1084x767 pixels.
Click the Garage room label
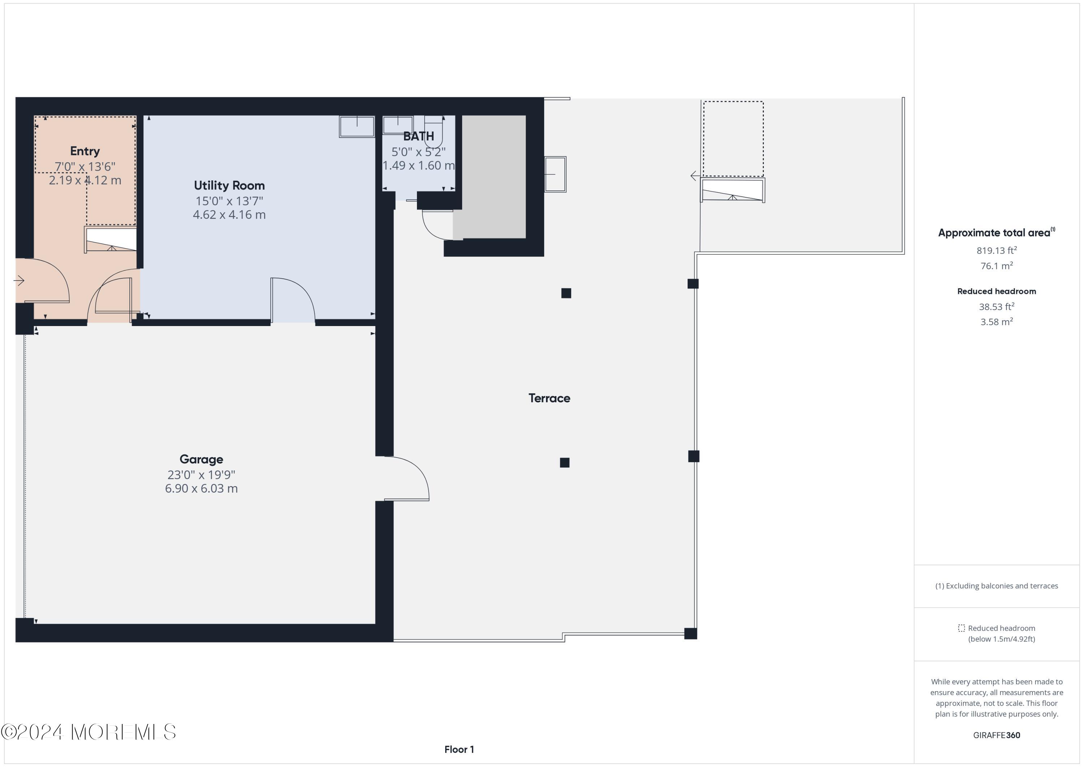[x=201, y=459]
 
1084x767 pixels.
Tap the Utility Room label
[x=229, y=186]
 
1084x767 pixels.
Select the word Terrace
[x=550, y=398]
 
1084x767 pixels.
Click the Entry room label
[x=85, y=151]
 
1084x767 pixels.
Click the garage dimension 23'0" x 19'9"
[x=201, y=475]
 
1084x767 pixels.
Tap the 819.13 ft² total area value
[x=997, y=250]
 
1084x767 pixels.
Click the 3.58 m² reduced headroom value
[x=997, y=322]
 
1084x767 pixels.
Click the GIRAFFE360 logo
[x=997, y=735]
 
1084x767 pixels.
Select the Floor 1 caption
[x=459, y=750]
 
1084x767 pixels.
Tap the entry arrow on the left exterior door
[x=19, y=281]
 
